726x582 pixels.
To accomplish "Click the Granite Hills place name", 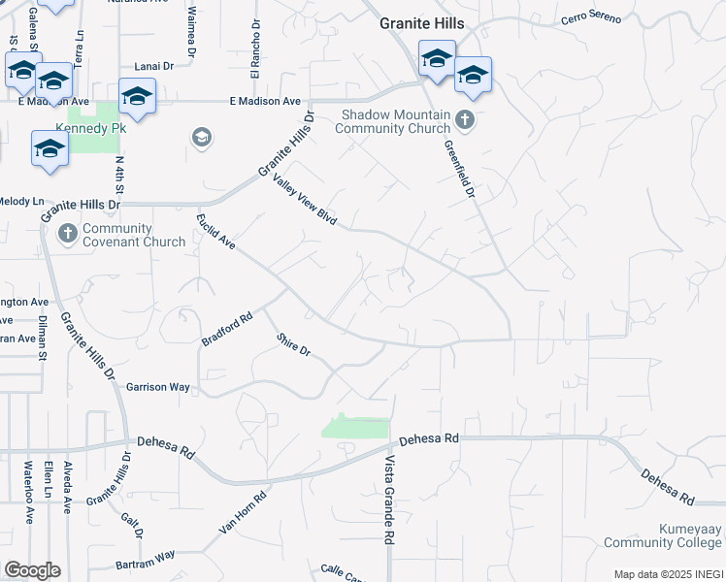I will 421,23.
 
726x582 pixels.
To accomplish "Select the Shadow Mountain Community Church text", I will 394,122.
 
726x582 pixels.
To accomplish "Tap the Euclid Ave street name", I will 216,230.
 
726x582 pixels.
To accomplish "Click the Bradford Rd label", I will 227,328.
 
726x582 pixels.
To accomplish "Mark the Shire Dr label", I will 292,343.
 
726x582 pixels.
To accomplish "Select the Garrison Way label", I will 158,386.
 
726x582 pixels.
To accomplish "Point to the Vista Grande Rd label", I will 389,499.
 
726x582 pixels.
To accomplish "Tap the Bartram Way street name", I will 143,560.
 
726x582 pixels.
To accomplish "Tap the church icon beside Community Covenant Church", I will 67,234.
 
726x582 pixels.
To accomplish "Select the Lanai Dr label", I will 152,66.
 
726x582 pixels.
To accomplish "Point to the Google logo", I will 32,570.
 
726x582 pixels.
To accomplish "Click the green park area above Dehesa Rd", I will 354,428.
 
